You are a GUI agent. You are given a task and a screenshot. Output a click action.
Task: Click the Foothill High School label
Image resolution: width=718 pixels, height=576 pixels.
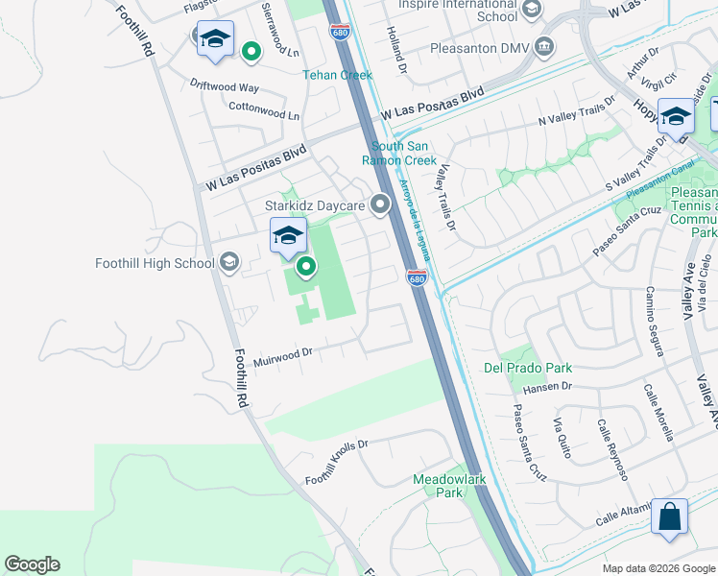(x=155, y=263)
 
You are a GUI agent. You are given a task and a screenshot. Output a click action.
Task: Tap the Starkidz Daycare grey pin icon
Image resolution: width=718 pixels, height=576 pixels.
(x=381, y=204)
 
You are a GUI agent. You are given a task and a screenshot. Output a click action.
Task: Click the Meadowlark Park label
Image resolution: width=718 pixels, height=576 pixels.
(x=438, y=485)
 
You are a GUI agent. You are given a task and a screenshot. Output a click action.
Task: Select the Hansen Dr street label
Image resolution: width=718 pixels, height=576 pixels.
(x=547, y=387)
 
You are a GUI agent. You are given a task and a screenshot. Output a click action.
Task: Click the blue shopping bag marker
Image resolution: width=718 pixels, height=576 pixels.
(x=669, y=516)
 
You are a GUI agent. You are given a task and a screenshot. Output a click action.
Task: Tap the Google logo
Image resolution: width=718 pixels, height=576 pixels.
(x=32, y=564)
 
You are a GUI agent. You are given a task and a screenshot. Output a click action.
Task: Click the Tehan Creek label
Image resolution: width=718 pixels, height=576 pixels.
(x=337, y=74)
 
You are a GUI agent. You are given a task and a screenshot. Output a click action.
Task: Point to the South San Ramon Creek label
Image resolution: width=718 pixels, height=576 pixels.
(x=404, y=154)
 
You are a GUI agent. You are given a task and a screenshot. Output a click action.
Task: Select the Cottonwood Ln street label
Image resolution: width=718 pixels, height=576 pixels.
(x=265, y=112)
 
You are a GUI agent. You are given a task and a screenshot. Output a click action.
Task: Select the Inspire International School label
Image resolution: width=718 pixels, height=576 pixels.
(x=457, y=10)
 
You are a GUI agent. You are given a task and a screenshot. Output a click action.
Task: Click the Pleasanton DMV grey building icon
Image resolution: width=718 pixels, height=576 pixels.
(x=543, y=45)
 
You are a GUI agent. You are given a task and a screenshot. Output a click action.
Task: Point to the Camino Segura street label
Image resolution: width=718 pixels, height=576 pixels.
(x=655, y=320)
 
